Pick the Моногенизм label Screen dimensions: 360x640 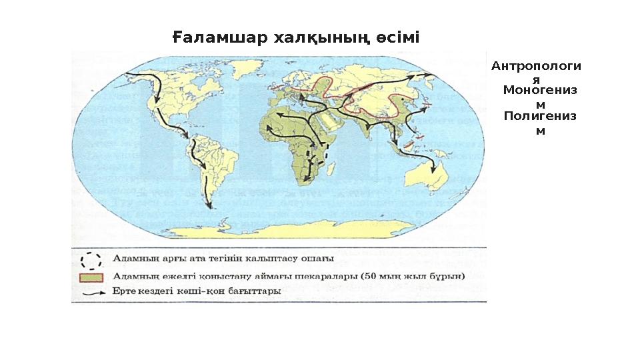click(x=540, y=97)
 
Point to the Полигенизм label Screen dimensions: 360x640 click(x=540, y=123)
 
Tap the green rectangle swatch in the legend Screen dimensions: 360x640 click(x=92, y=276)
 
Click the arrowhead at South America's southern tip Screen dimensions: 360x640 click(x=209, y=205)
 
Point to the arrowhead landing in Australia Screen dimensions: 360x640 click(x=434, y=171)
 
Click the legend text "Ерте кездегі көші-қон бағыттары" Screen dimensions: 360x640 click(x=197, y=291)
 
